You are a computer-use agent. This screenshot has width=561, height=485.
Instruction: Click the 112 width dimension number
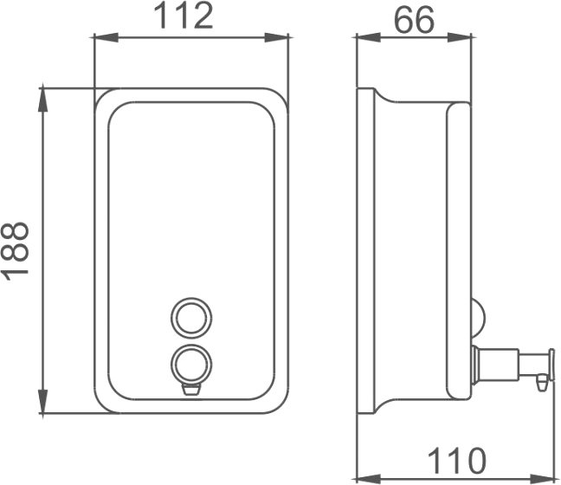point(184,16)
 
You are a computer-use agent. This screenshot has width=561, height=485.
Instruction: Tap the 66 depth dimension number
point(414,21)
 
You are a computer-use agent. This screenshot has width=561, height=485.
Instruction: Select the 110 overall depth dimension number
point(457,461)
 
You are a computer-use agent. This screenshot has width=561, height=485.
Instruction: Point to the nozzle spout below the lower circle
point(191,388)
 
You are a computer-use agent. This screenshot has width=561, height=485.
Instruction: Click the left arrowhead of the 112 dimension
point(106,37)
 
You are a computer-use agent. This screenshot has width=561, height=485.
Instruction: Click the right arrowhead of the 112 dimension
point(276,37)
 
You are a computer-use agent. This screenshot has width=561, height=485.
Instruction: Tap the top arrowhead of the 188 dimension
point(43,100)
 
